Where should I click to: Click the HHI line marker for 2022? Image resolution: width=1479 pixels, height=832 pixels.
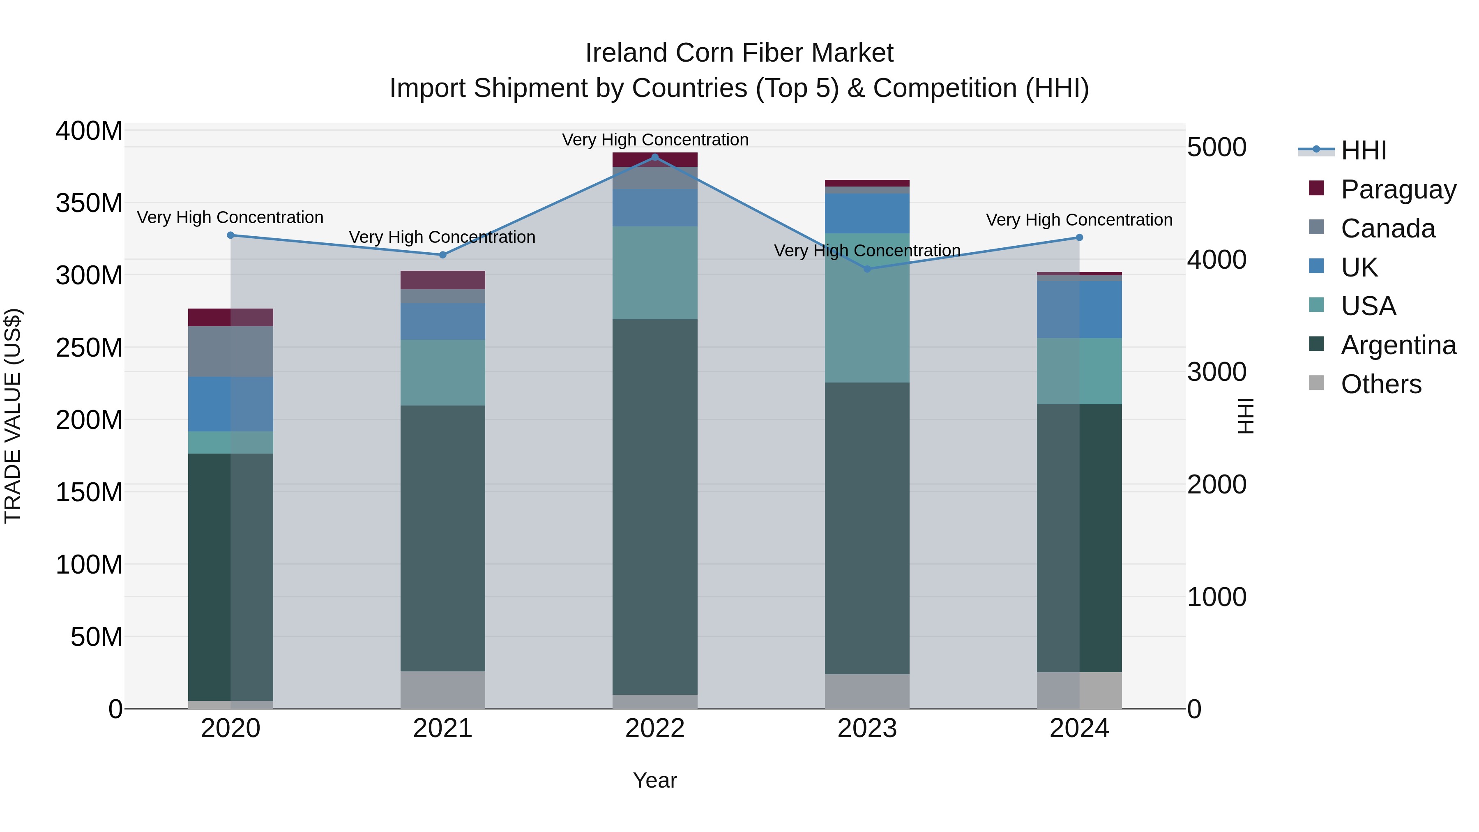point(654,157)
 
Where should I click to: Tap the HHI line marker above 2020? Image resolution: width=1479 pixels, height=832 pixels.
point(230,235)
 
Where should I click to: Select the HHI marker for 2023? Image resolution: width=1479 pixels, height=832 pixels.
point(867,269)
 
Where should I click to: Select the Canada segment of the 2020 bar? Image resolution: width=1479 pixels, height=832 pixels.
point(230,351)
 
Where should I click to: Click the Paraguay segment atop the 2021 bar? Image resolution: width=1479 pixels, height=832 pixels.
point(442,280)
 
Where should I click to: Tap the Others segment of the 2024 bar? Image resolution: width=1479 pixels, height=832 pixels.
point(1079,690)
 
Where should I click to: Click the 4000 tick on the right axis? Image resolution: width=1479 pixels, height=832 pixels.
point(1216,260)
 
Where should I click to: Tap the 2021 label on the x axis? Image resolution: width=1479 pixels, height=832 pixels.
point(442,728)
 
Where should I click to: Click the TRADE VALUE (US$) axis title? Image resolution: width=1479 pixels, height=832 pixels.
point(13,416)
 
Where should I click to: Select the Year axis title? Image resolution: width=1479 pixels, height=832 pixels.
point(654,780)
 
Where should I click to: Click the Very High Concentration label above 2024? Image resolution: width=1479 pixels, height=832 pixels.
point(1079,220)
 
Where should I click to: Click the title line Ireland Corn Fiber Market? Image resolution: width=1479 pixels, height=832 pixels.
point(739,53)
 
